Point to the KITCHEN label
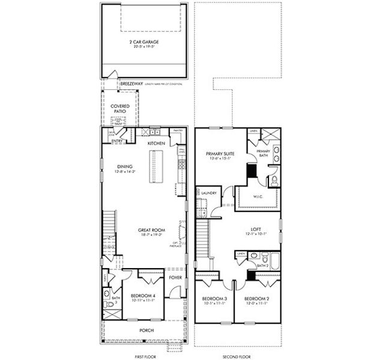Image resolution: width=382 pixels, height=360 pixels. click(156, 144)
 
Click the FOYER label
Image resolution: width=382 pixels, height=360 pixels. click(175, 278)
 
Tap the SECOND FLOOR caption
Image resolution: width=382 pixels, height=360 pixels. click(237, 356)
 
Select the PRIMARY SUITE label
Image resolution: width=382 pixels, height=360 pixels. click(220, 154)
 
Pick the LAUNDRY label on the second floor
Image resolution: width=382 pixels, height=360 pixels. click(209, 193)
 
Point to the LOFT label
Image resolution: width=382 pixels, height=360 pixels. click(256, 229)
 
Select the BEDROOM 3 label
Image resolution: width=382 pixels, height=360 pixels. click(214, 299)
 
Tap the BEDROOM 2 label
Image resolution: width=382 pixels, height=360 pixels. click(256, 299)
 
